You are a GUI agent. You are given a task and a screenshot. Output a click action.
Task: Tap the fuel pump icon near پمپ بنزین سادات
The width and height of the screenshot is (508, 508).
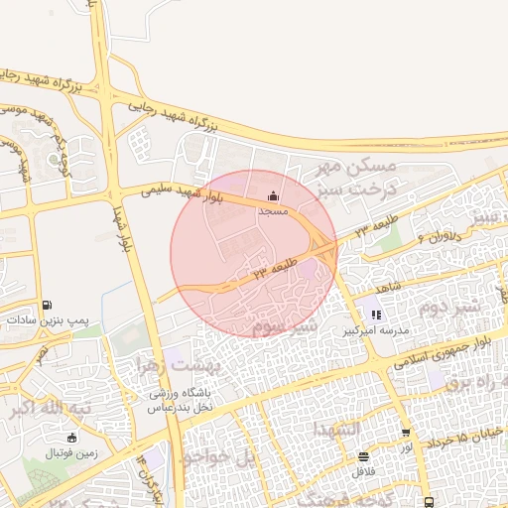click(x=47, y=305)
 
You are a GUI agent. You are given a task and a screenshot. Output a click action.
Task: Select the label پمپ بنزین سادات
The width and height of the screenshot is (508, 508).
click(x=47, y=321)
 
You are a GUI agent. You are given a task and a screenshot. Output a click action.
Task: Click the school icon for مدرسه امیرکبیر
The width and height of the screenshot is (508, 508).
click(x=376, y=315)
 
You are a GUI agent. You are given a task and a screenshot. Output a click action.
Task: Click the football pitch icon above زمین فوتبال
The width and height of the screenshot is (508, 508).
click(x=70, y=438)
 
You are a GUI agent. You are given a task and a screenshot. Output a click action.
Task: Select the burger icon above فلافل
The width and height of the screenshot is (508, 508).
click(x=363, y=457)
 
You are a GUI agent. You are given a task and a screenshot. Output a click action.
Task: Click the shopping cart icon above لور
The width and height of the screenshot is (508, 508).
click(x=406, y=433)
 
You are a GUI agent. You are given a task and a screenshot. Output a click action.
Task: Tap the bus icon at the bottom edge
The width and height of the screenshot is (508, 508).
click(x=428, y=502)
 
